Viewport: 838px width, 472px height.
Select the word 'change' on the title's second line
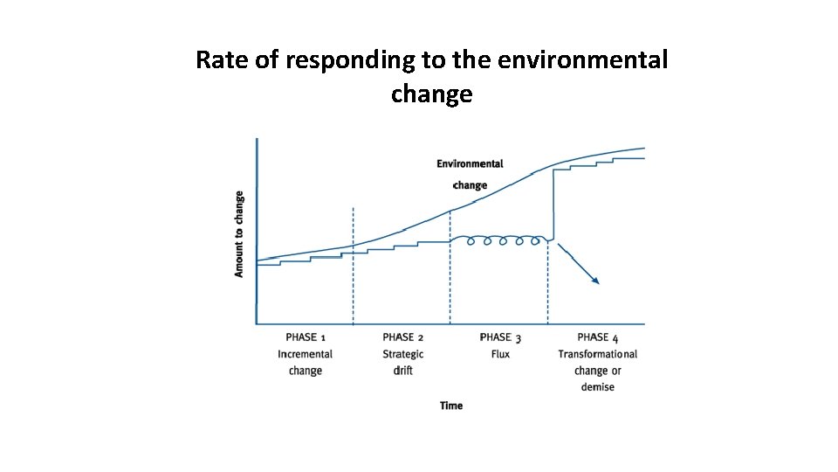(431, 94)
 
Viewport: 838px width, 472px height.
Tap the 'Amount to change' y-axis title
(239, 234)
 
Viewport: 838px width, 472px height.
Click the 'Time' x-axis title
(451, 406)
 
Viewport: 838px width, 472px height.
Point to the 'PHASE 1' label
(306, 337)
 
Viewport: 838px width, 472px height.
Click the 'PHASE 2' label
(403, 337)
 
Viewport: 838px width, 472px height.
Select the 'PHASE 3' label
(500, 337)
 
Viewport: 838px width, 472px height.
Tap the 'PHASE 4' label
(598, 337)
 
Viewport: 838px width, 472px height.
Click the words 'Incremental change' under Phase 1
(306, 362)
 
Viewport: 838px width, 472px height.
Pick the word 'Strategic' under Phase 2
(403, 354)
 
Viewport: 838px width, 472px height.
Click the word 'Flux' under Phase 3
(500, 354)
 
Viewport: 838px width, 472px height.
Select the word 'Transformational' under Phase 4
(598, 354)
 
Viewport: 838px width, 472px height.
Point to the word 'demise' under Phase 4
(598, 387)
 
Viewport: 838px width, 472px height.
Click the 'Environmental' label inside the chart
(470, 163)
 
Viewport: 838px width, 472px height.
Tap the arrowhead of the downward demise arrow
(595, 281)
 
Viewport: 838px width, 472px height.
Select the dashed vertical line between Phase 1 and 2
(353, 280)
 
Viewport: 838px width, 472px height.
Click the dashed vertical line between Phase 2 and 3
(450, 280)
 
